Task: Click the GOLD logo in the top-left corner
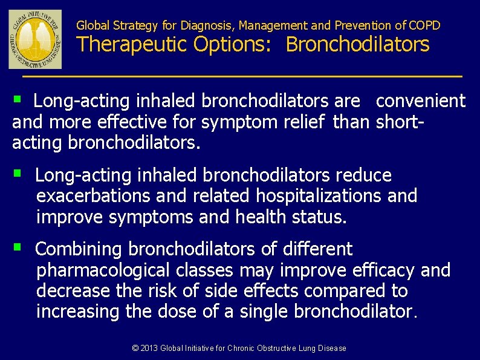[35, 39]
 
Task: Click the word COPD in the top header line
[425, 25]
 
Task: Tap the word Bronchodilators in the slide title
[357, 45]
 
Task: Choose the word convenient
[421, 100]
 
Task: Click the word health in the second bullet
[262, 217]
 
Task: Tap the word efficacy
[381, 270]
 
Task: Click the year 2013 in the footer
[148, 348]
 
